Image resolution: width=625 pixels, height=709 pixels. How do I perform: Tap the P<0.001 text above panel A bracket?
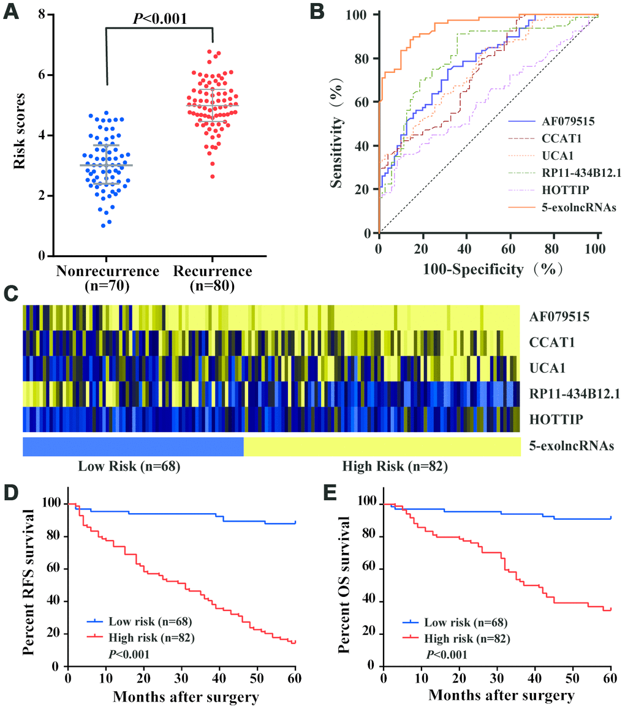pos(160,18)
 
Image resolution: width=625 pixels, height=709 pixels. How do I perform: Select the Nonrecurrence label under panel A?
pos(107,271)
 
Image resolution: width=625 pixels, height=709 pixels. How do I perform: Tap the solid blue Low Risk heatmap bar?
pos(133,447)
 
